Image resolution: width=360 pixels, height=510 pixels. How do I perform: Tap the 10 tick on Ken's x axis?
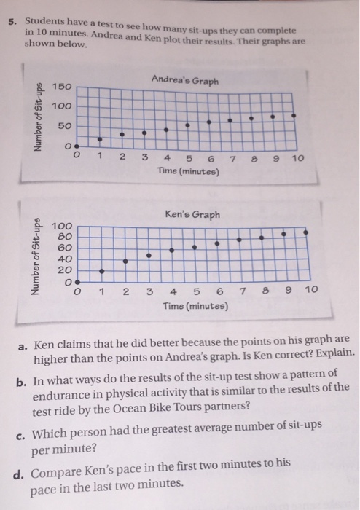(311, 291)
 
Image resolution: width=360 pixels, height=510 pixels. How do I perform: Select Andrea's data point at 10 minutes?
(314, 114)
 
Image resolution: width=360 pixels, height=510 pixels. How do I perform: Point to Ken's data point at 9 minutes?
(284, 233)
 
